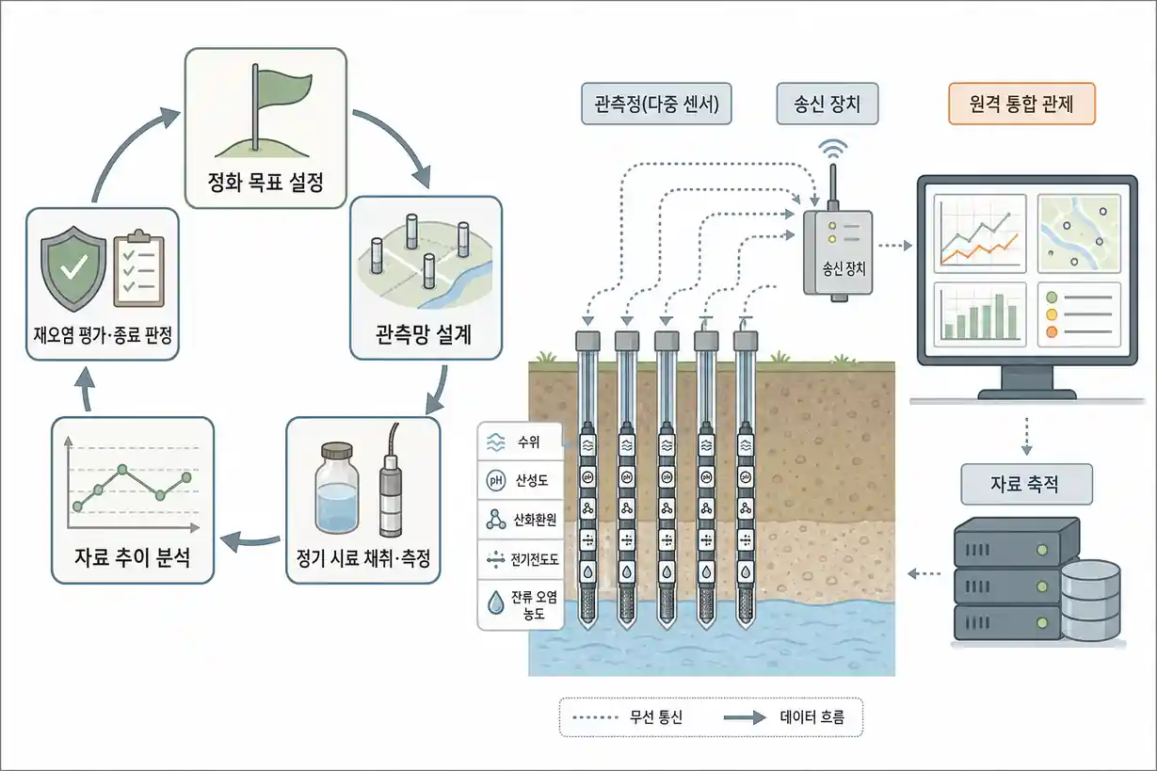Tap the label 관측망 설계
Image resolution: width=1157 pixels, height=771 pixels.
(x=424, y=334)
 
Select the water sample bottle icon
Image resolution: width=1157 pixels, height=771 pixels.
(x=337, y=487)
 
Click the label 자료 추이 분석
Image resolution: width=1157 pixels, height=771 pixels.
(x=132, y=556)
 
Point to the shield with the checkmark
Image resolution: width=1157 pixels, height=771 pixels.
(x=73, y=268)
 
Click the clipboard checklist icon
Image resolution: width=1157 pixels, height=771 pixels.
(x=139, y=268)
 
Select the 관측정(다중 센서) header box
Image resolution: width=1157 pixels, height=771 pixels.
(x=656, y=104)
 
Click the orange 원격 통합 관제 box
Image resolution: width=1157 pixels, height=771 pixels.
(x=1021, y=104)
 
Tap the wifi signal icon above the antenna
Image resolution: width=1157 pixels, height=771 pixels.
(x=832, y=149)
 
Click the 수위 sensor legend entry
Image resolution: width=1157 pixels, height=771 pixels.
(x=521, y=442)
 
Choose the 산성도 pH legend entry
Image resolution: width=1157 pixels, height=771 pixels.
(x=521, y=481)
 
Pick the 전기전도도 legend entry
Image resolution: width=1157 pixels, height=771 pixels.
(x=521, y=559)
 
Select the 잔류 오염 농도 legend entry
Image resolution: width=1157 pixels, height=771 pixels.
(x=521, y=604)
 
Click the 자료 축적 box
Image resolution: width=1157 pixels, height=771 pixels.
(x=1026, y=484)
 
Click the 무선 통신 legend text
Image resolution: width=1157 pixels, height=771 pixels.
(x=656, y=716)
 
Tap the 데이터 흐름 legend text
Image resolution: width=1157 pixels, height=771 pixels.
(x=812, y=716)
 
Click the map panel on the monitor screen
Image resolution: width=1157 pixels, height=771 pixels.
(x=1079, y=233)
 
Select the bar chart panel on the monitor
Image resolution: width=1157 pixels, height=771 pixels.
(x=979, y=314)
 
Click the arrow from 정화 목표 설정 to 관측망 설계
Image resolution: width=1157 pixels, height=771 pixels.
(x=400, y=137)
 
